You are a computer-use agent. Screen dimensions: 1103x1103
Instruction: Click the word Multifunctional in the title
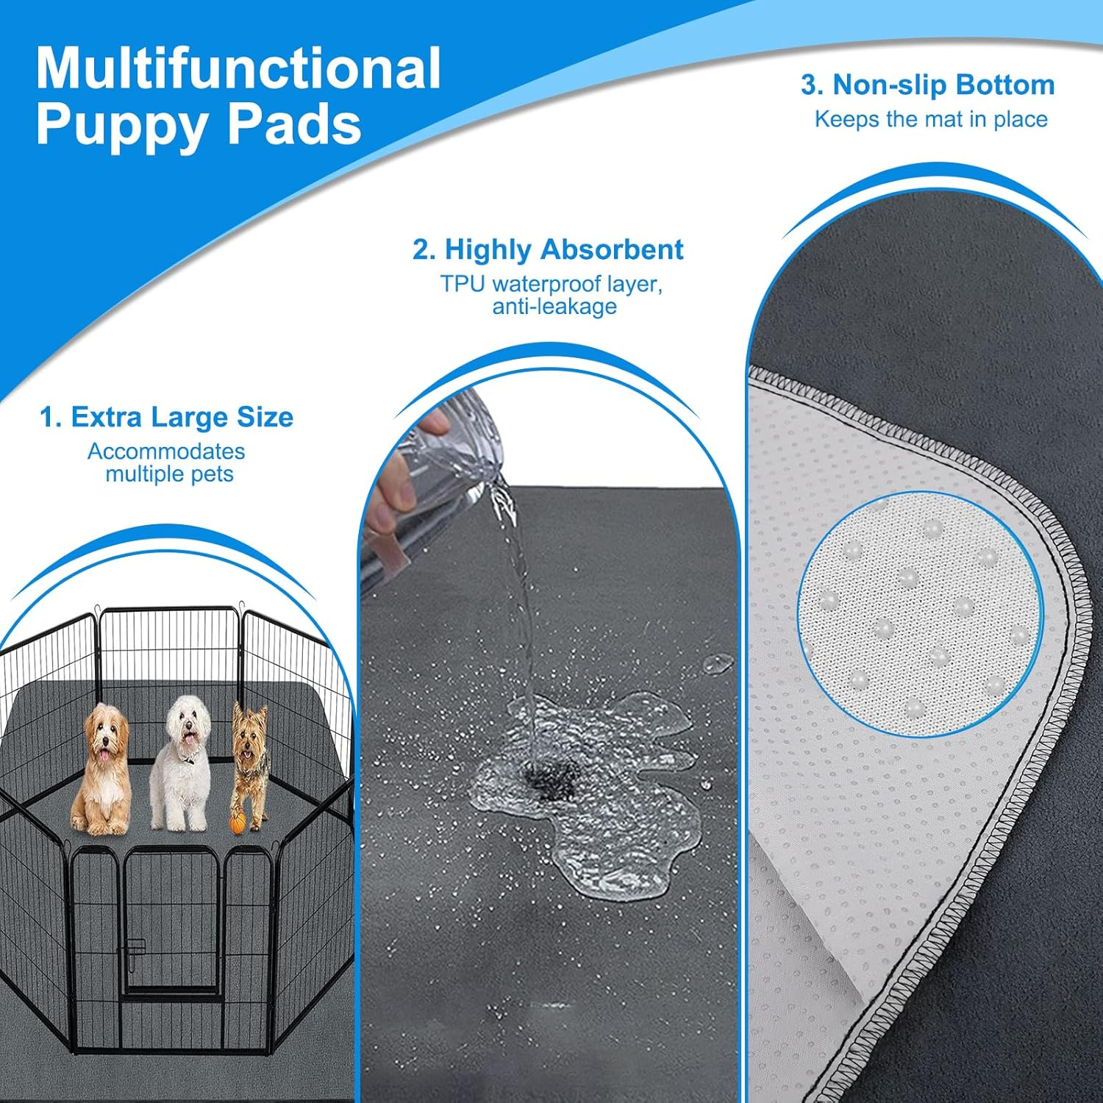(x=238, y=69)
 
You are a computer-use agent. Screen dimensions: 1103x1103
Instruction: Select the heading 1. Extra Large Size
(x=167, y=417)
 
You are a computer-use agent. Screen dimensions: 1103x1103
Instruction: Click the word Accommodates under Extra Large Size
(x=166, y=451)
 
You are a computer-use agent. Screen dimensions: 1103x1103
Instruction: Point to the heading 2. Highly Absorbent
(x=548, y=249)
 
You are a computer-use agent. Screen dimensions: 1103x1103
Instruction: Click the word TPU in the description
(x=463, y=284)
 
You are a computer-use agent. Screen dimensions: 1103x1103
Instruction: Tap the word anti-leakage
(x=554, y=307)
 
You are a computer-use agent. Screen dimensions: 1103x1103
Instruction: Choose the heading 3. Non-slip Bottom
(x=928, y=85)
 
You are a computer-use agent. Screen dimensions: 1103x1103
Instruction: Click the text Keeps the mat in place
(x=931, y=119)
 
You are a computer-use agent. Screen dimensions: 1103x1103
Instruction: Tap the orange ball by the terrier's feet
(x=237, y=824)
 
